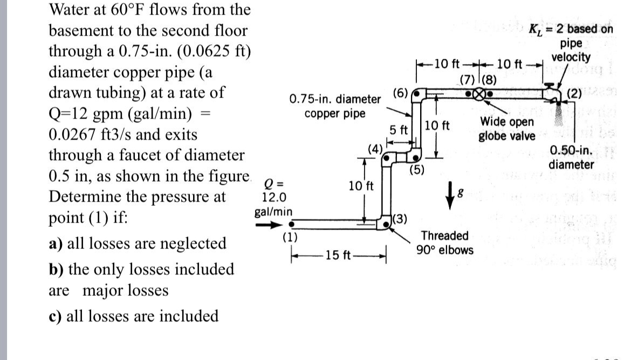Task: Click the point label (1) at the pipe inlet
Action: [x=290, y=236]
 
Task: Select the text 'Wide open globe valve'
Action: [x=507, y=129]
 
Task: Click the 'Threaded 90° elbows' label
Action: [x=444, y=243]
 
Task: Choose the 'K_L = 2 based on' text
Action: [x=571, y=29]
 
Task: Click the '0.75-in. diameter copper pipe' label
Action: [x=334, y=106]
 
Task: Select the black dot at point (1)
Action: [x=291, y=225]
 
